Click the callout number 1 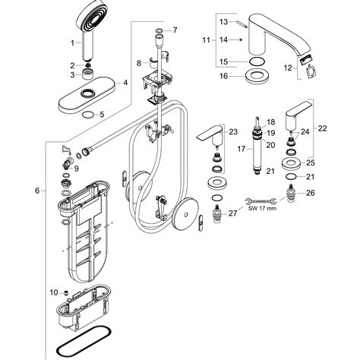pyautogui.click(x=73, y=43)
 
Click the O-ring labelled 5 pyautogui.click(x=90, y=115)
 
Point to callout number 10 pyautogui.click(x=53, y=292)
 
